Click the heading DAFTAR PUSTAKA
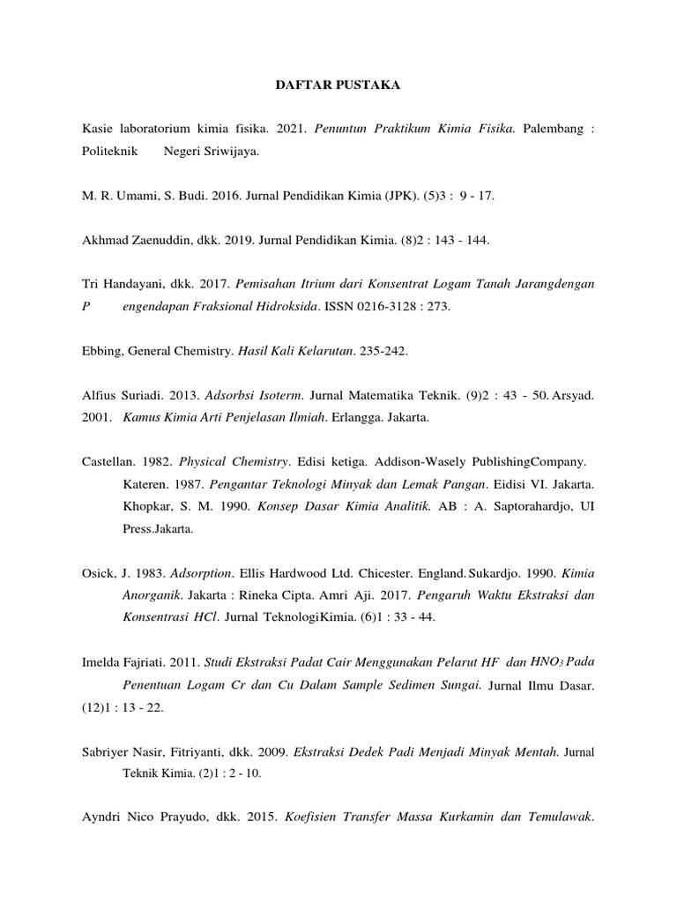[x=338, y=86]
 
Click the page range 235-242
[x=385, y=350]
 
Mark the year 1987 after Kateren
[x=191, y=483]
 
